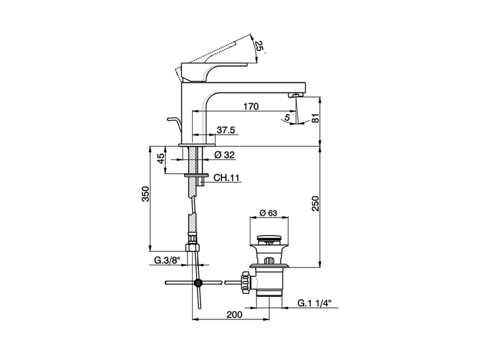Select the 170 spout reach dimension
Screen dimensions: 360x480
coord(251,106)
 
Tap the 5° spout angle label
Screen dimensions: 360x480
coord(287,117)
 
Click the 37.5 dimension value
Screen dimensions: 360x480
coord(226,130)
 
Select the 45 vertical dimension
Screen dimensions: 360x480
coord(161,159)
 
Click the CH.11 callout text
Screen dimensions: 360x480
coord(226,178)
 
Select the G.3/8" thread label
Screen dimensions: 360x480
coord(167,260)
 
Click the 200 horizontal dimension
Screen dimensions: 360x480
coord(234,315)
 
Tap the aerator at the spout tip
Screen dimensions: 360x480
coord(296,96)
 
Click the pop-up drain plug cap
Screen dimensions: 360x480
coord(268,238)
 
